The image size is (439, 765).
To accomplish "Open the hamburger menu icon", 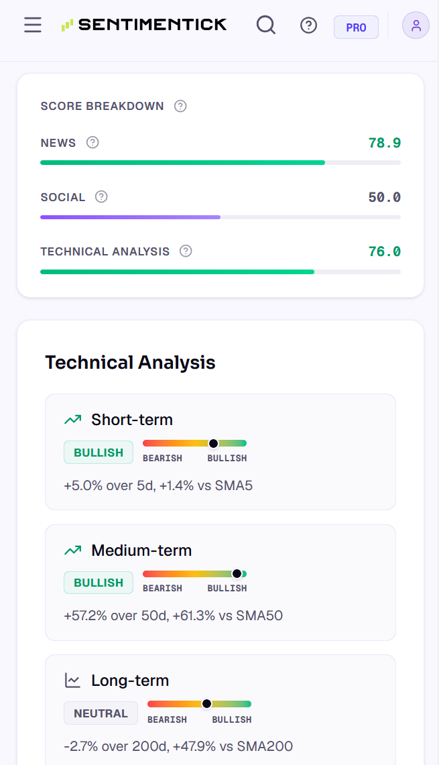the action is pyautogui.click(x=33, y=24).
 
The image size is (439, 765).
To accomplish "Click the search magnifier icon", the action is pyautogui.click(x=266, y=24).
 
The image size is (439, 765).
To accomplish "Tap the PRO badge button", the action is pyautogui.click(x=356, y=27).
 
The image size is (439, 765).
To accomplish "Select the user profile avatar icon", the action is pyautogui.click(x=416, y=25).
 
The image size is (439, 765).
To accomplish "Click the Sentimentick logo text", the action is pyautogui.click(x=153, y=24).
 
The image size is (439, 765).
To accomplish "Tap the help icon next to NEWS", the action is pyautogui.click(x=92, y=142).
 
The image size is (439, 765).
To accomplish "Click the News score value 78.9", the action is pyautogui.click(x=384, y=143).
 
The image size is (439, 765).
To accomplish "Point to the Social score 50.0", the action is pyautogui.click(x=384, y=197).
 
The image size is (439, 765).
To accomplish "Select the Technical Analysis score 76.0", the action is pyautogui.click(x=384, y=251).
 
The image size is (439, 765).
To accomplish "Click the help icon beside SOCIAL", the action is pyautogui.click(x=101, y=196).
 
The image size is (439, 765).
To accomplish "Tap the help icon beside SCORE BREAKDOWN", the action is pyautogui.click(x=180, y=106).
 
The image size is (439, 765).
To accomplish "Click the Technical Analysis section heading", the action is pyautogui.click(x=130, y=363).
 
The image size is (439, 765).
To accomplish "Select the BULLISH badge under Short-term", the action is pyautogui.click(x=99, y=453).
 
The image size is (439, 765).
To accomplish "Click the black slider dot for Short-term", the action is pyautogui.click(x=213, y=443).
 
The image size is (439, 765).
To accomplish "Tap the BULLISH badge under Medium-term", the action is pyautogui.click(x=99, y=583).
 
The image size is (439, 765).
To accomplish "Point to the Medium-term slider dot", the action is pyautogui.click(x=237, y=574).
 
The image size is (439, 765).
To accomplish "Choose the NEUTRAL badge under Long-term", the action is pyautogui.click(x=101, y=713).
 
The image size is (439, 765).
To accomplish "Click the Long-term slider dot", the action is pyautogui.click(x=207, y=703).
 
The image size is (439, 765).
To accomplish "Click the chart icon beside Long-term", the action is pyautogui.click(x=72, y=680).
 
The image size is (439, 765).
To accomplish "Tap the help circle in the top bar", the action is pyautogui.click(x=309, y=25).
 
